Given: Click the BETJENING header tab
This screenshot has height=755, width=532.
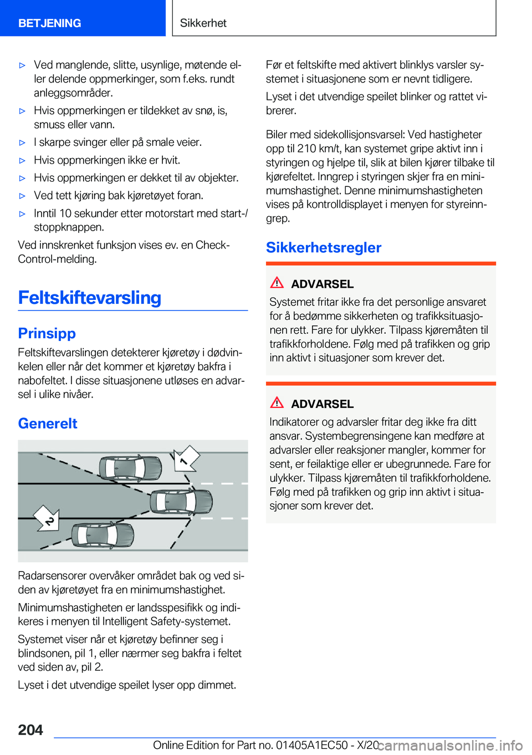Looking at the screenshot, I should tap(50, 23).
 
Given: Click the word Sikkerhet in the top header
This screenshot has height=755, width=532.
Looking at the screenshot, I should tap(203, 23).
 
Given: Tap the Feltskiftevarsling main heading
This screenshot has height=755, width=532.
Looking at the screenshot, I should tap(90, 298).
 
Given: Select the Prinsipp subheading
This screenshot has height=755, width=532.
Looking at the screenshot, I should tap(47, 333).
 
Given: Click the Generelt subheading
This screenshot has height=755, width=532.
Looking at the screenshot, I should tap(48, 424).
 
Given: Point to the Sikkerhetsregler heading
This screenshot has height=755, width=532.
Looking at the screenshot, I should tap(324, 247).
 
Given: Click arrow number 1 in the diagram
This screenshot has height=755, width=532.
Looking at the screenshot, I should tap(186, 458).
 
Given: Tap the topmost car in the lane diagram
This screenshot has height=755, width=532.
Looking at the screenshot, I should tap(131, 468).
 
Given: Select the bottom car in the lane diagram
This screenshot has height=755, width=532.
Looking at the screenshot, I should tap(103, 535).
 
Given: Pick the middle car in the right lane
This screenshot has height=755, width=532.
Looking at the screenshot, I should tap(181, 502).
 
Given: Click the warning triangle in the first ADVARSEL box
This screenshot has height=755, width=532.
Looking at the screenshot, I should tap(277, 283).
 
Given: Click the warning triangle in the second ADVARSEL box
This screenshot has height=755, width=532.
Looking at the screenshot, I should tap(277, 402).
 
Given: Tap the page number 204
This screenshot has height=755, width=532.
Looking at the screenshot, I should tap(30, 730).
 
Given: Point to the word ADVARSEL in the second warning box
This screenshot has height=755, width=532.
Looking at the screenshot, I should tap(322, 404).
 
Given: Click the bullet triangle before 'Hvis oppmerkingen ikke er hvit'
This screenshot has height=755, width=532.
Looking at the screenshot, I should tap(23, 161).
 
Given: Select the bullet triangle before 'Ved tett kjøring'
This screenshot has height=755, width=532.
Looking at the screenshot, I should tap(23, 196).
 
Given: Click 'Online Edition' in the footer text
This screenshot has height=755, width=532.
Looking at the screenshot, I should tap(186, 745).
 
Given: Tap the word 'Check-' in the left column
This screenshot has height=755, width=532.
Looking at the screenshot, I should tap(212, 245).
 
